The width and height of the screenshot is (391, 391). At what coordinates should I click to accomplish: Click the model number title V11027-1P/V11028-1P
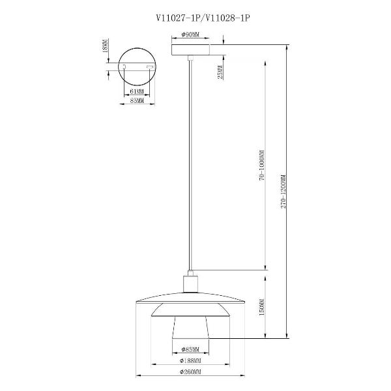coord(203,18)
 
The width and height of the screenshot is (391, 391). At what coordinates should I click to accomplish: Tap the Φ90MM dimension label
coord(190,35)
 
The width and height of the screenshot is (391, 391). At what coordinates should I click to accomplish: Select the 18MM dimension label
coord(105,46)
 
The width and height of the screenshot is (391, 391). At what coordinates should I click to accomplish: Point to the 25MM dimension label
coord(220,72)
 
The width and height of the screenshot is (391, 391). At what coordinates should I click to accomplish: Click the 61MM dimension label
coord(137,91)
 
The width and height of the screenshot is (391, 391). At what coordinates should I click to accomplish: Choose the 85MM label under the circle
coord(137,101)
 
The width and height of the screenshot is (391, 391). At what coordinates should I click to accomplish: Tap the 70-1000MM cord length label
coord(262,166)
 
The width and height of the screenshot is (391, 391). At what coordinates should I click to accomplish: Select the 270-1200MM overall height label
coord(283,192)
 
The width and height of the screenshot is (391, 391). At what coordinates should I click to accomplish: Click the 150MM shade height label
coord(262,307)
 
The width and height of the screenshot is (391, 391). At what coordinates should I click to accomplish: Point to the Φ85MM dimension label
coord(190,349)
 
